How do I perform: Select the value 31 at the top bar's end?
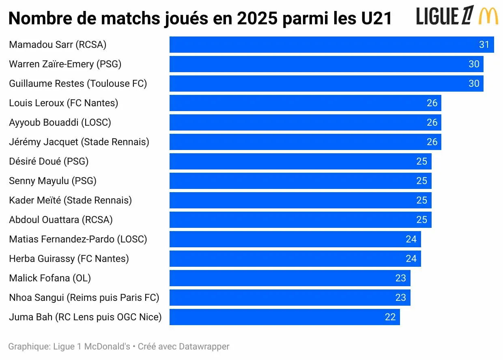tap(484, 45)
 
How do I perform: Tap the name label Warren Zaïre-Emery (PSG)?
tap(65, 64)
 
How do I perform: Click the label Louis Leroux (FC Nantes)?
tap(63, 103)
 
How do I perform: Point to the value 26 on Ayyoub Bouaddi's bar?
tap(432, 122)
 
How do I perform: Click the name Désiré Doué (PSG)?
tap(49, 161)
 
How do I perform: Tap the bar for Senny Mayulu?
tap(300, 181)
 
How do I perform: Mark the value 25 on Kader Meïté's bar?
tap(421, 200)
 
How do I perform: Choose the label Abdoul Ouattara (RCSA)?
tap(61, 220)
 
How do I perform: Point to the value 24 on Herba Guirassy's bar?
tap(411, 259)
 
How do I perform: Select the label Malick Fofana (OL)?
tap(50, 278)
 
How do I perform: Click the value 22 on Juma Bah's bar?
tap(390, 317)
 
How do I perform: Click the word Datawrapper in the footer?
tap(204, 347)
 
